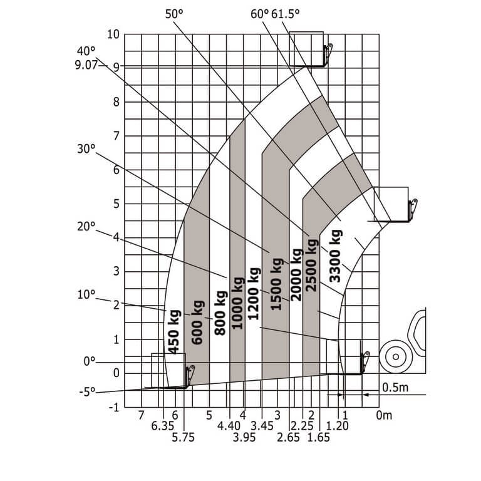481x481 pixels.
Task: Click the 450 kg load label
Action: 173,332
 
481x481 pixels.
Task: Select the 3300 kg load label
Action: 335,256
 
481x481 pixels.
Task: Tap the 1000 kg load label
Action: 238,303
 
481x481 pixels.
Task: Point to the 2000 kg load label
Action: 296,275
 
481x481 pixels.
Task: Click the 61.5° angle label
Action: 286,14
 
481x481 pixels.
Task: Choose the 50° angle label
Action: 174,14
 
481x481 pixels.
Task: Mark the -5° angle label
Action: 88,392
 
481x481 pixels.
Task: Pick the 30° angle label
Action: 86,149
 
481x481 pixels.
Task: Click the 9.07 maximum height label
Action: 86,65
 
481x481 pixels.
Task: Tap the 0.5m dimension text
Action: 395,388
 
